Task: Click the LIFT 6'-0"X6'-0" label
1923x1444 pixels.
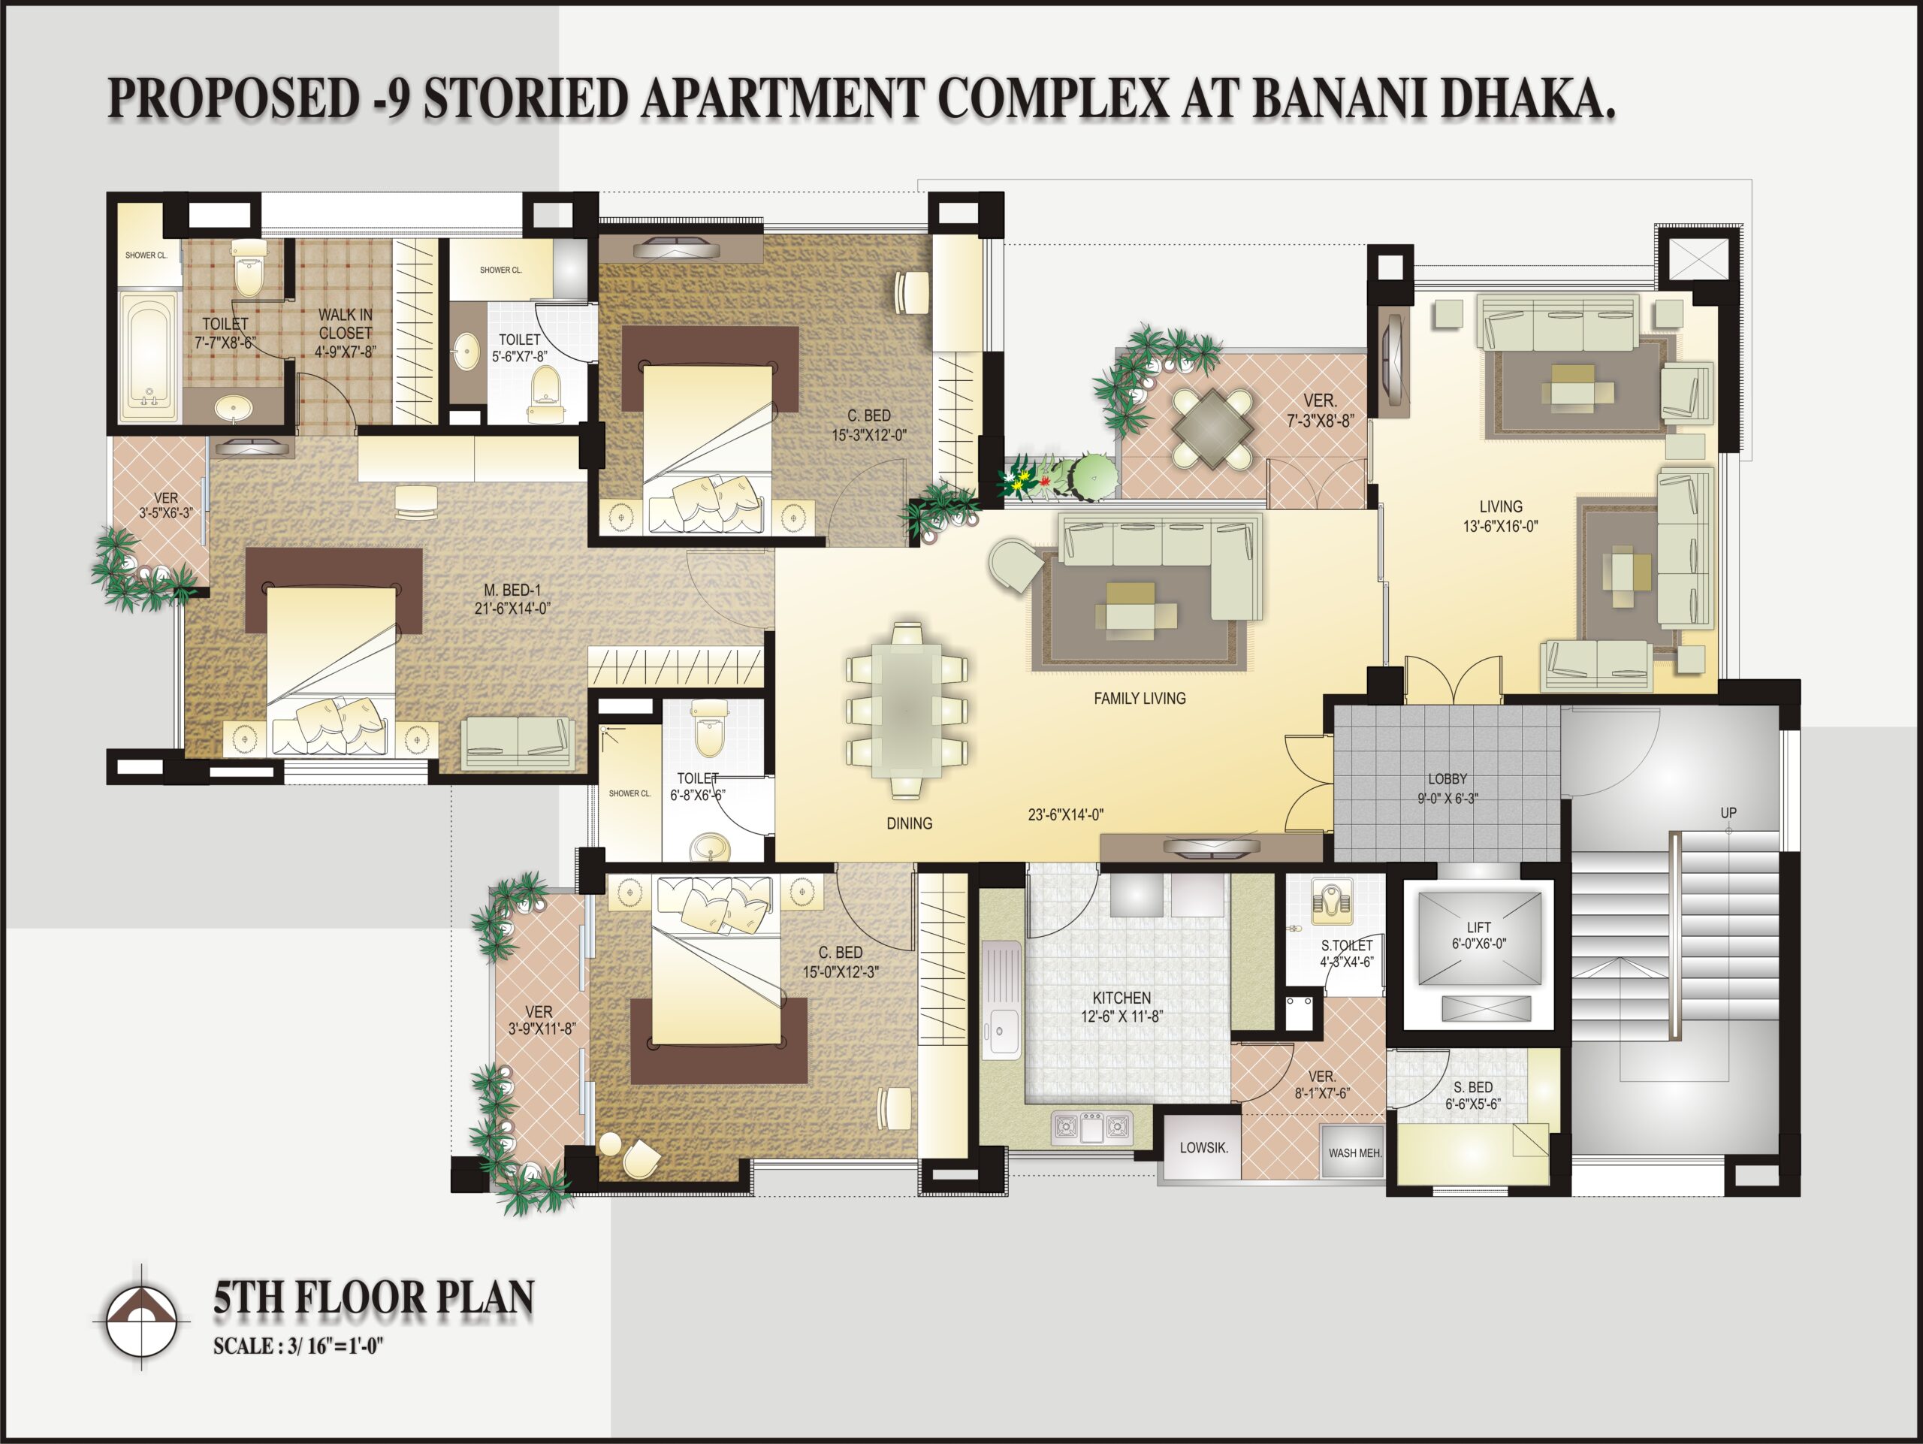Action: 1479,935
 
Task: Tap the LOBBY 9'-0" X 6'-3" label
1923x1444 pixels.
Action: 1448,789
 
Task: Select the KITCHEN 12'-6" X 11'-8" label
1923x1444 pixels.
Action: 1121,1007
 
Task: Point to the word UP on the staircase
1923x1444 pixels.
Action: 1728,813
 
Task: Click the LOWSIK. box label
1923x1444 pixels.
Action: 1204,1147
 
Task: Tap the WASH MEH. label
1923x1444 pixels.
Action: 1354,1152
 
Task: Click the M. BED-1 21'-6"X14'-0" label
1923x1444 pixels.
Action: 512,599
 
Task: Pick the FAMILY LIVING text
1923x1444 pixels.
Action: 1140,698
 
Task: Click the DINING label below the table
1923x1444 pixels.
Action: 910,823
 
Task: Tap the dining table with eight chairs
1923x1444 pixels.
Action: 907,709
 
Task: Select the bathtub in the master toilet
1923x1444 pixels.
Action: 149,356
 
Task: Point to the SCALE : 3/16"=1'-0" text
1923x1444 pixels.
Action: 298,1346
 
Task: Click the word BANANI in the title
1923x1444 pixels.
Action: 1338,98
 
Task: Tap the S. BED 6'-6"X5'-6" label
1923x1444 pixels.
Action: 1473,1095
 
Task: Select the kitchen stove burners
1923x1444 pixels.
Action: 1092,1127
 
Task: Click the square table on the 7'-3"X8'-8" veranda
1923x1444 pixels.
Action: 1212,427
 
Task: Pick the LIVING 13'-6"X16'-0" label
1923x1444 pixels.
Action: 1501,515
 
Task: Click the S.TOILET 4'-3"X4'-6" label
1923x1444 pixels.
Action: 1347,953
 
